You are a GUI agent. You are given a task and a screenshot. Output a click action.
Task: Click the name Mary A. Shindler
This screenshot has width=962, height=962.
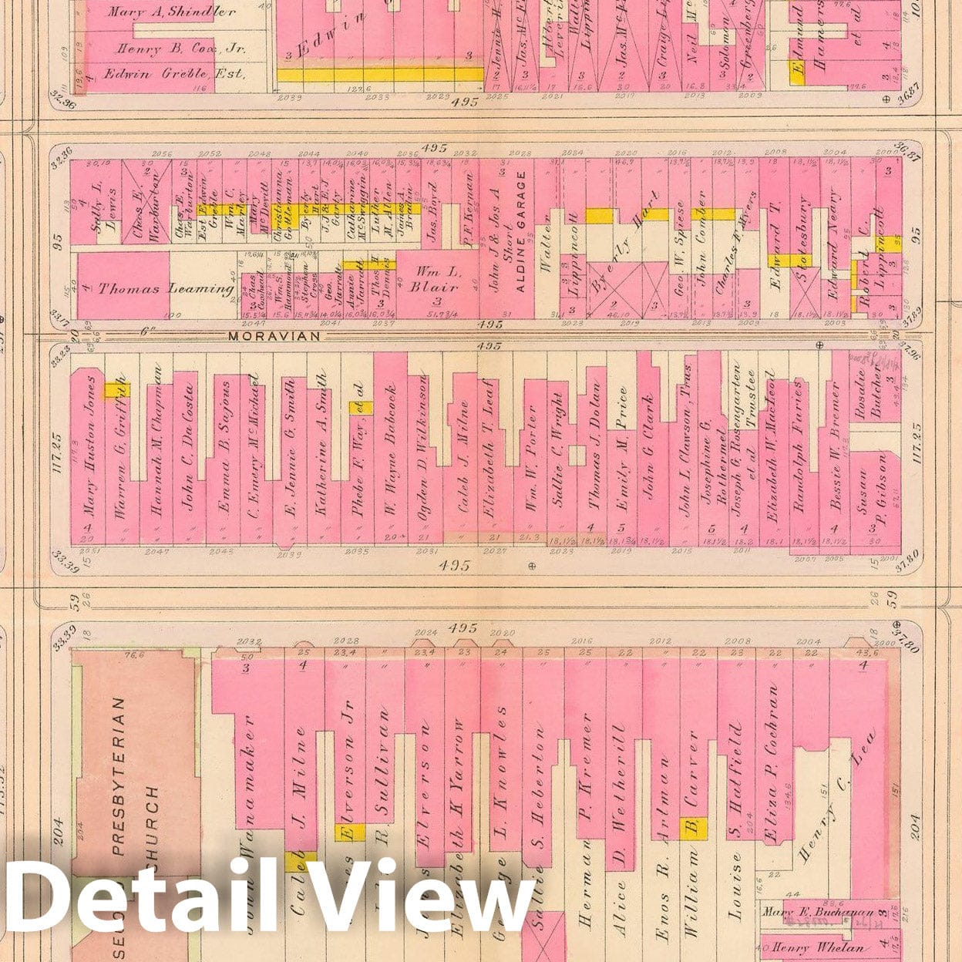click(171, 12)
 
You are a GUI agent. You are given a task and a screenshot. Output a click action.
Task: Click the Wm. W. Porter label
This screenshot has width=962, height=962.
click(530, 462)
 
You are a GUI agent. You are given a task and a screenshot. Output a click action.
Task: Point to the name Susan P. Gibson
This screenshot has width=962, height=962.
click(874, 493)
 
